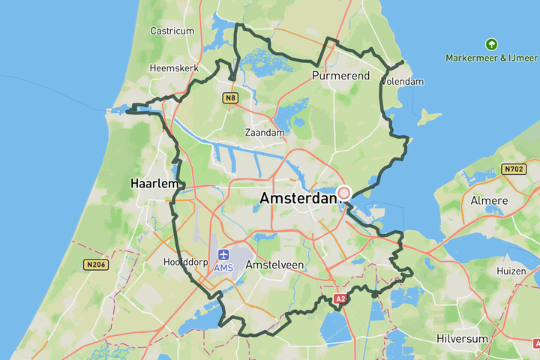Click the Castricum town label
(172, 31)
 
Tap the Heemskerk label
(173, 67)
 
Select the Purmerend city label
(340, 76)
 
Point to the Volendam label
(403, 81)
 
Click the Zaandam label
(265, 133)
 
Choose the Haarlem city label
(154, 183)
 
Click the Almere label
(489, 201)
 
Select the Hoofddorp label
(184, 262)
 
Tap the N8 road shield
(231, 97)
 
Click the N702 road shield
(514, 169)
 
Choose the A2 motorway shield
(340, 299)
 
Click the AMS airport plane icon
(223, 256)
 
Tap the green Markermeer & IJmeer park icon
(491, 44)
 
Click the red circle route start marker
(344, 193)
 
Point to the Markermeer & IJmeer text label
(491, 58)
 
